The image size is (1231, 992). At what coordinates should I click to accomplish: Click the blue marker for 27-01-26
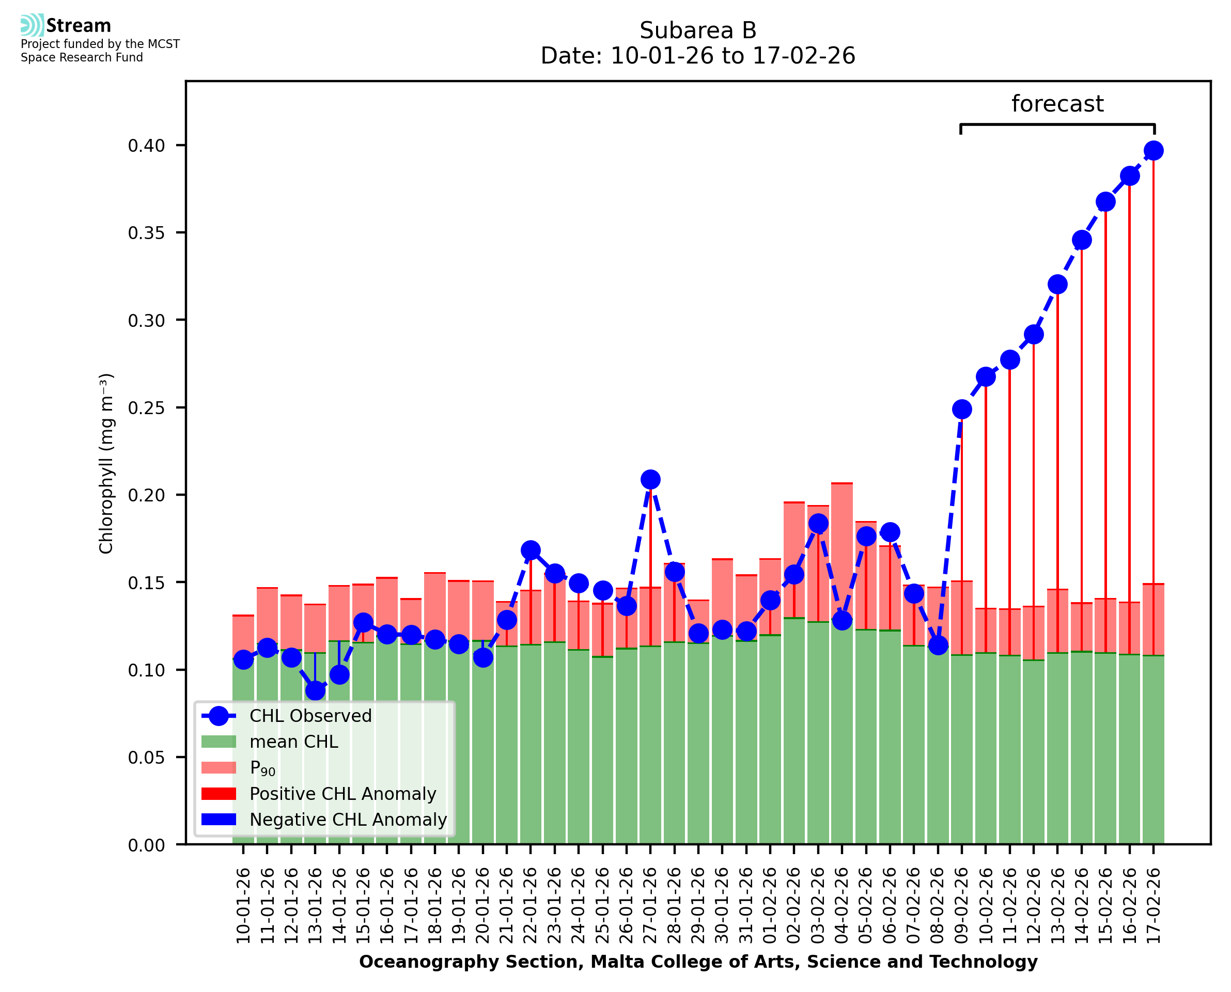(x=650, y=479)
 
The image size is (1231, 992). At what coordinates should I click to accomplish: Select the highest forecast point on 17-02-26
(x=1154, y=151)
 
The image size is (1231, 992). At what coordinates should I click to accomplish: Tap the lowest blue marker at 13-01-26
(x=315, y=691)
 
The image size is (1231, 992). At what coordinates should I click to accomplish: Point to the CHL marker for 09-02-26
(x=962, y=409)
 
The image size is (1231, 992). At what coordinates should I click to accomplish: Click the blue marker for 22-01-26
(x=531, y=550)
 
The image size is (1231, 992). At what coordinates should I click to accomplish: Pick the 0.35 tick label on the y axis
(x=146, y=233)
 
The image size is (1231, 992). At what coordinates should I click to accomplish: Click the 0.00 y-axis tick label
(x=146, y=845)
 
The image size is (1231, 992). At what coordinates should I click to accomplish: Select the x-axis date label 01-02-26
(x=770, y=906)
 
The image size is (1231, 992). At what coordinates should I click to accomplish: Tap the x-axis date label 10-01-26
(x=243, y=906)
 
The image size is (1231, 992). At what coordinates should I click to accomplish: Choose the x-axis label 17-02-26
(x=1154, y=906)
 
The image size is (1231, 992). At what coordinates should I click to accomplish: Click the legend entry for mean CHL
(x=294, y=742)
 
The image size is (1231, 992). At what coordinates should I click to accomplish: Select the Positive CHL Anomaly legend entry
(x=342, y=794)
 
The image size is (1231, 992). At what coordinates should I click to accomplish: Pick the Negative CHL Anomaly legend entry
(x=348, y=820)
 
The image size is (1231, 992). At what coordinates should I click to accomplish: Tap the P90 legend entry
(x=262, y=768)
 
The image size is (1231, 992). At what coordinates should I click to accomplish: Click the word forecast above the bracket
(x=1057, y=104)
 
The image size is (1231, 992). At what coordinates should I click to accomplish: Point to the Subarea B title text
(x=698, y=30)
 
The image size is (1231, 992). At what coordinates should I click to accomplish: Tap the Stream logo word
(x=79, y=26)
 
